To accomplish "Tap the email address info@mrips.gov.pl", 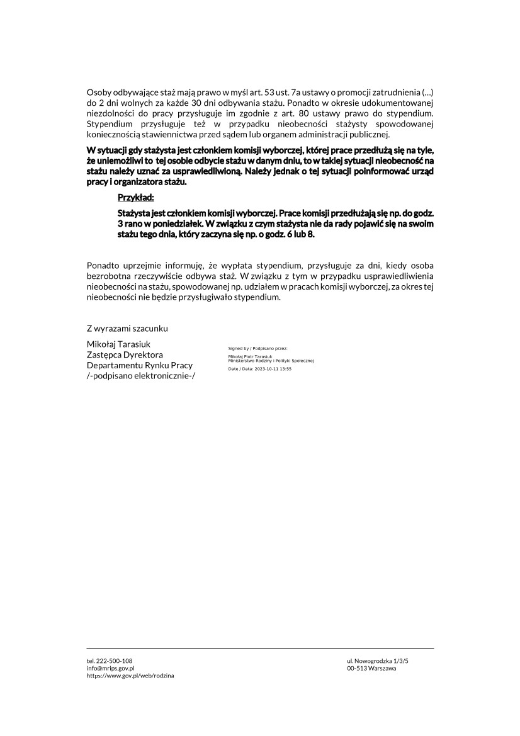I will pos(110,668).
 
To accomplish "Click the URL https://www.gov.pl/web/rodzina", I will pos(130,676).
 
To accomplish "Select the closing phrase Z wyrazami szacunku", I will pos(127,329).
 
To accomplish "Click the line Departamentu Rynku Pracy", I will pos(140,365).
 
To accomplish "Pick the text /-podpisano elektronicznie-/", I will pos(141,376).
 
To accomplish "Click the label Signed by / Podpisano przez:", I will pos(257,348).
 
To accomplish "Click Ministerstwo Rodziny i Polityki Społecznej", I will pos(271,360).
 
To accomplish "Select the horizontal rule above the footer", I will pos(260,648).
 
